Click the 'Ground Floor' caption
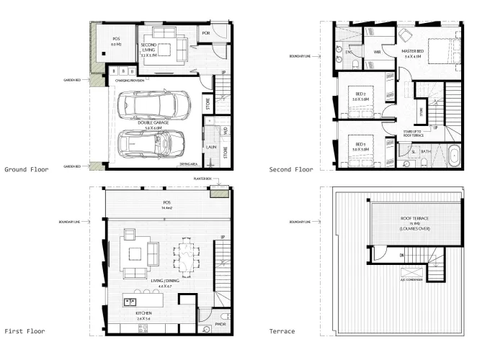(25, 170)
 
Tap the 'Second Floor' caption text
(291, 170)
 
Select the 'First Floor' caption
(24, 332)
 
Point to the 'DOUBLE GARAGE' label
(152, 123)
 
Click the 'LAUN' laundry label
(212, 147)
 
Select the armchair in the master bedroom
(405, 34)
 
